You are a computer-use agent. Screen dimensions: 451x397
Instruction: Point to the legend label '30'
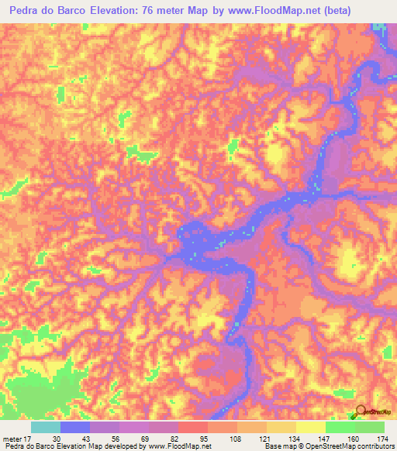tap(57, 439)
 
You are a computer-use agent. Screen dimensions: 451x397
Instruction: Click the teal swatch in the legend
tap(46, 427)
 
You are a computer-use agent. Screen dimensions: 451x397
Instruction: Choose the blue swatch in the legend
tap(75, 427)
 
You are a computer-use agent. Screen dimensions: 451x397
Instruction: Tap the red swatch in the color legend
tap(193, 427)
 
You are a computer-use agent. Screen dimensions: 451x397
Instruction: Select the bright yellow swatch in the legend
tap(311, 427)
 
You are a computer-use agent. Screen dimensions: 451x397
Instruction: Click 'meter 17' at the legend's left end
tap(17, 439)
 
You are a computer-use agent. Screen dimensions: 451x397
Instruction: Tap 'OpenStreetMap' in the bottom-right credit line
tap(319, 447)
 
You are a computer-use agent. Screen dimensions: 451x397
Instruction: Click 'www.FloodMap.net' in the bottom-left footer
tap(179, 447)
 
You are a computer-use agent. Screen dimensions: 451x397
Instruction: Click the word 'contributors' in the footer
tap(370, 447)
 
